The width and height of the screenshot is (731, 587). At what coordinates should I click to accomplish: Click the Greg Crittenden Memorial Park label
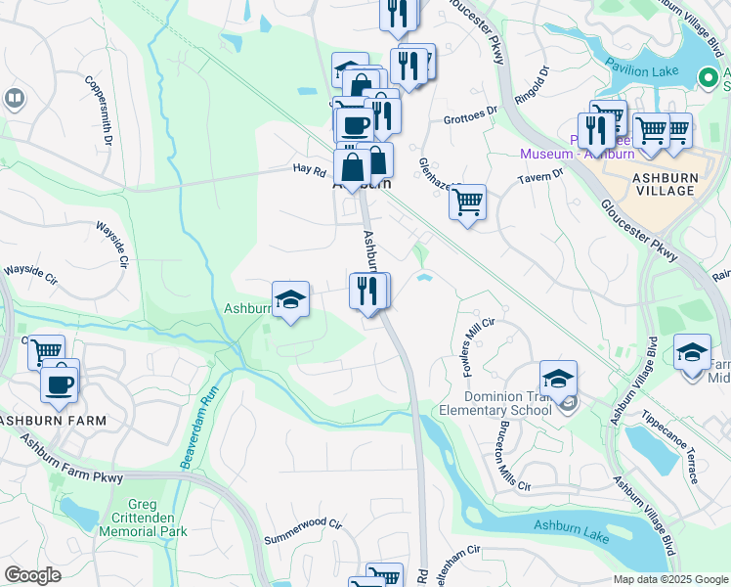point(143,518)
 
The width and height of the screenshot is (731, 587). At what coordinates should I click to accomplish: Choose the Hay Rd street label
point(308,169)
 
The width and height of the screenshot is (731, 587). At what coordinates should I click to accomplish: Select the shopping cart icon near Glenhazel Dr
point(467,203)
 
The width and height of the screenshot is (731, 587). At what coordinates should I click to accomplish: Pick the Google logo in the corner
point(33,575)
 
